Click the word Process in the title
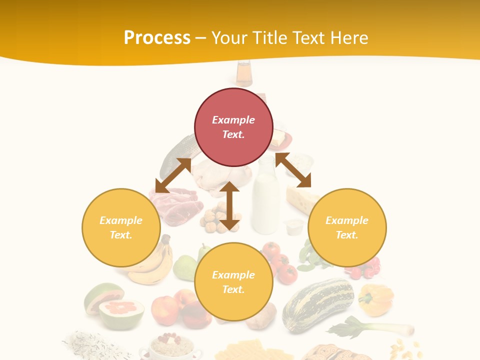157,37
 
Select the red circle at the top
233,127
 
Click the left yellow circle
121,227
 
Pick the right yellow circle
347,227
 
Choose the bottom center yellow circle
233,282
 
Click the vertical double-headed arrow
229,205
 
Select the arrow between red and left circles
173,175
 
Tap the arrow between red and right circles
293,170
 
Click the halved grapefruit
120,312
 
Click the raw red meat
175,205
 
